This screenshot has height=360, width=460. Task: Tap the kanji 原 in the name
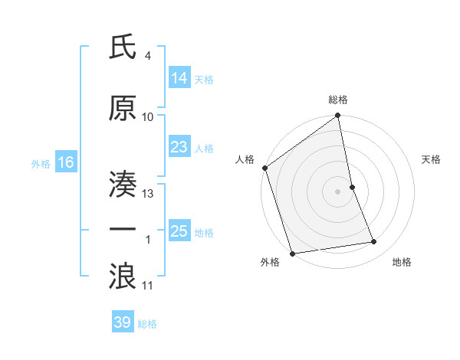123,108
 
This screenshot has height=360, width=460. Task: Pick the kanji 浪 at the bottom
123,275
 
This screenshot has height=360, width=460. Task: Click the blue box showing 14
179,78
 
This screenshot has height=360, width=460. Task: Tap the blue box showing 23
179,147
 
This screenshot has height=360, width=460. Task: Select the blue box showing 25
179,231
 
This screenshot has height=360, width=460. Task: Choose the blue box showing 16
65,162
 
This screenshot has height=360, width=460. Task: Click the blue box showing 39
123,322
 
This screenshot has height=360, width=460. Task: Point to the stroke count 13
148,194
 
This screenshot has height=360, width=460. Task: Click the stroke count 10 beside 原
148,117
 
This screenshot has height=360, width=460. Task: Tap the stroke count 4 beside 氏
148,56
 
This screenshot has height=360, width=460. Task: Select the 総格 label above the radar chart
338,100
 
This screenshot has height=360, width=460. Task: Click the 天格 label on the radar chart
431,159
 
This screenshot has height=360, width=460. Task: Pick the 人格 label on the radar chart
245,159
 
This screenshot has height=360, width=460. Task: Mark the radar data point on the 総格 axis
338,116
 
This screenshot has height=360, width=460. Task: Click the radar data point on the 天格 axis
353,187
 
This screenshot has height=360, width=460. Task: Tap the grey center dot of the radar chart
338,191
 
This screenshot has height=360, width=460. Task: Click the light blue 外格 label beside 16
40,163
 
